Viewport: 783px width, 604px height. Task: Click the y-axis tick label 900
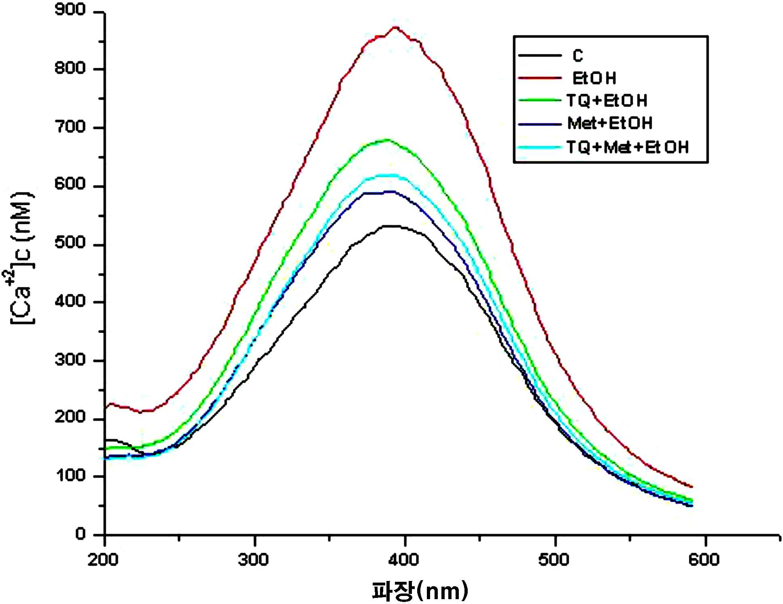click(70, 10)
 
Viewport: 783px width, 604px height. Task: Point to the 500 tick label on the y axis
click(70, 243)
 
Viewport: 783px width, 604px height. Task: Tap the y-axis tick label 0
click(80, 534)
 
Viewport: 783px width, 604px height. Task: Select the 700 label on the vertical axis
click(70, 127)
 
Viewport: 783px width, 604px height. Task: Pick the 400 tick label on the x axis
click(404, 560)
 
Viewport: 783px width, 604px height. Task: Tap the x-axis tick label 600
click(705, 560)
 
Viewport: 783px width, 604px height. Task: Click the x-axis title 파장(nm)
click(420, 591)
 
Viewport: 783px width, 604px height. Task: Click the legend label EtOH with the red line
click(594, 78)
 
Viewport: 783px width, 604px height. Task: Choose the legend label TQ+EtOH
click(607, 101)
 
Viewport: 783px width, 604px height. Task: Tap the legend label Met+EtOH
click(610, 123)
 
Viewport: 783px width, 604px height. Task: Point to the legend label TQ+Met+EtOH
click(627, 147)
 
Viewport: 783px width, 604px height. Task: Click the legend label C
click(578, 55)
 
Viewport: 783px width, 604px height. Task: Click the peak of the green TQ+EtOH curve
click(388, 140)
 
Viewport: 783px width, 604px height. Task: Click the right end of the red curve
click(692, 486)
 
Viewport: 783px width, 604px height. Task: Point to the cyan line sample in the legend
click(540, 147)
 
